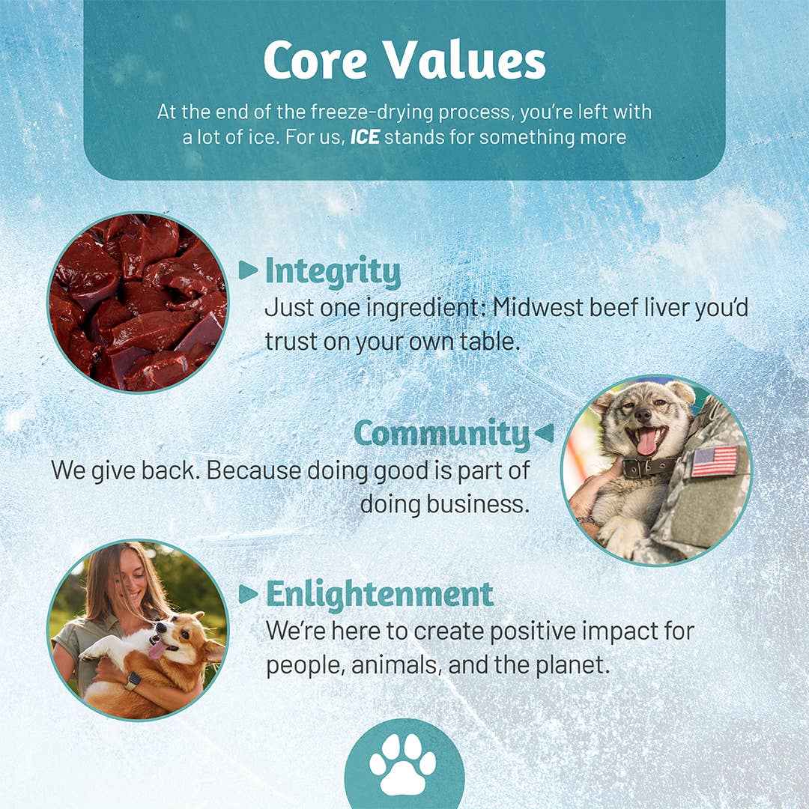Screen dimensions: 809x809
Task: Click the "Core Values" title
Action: pos(404,60)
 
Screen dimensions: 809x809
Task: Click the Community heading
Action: pos(441,434)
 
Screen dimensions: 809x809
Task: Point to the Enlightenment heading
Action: pos(380,594)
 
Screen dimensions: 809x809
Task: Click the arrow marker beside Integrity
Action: pos(248,270)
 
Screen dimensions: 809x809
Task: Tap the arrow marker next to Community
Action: pos(544,432)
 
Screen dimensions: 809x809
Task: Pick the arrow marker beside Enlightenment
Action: pos(248,594)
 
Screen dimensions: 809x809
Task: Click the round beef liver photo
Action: pos(138,302)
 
